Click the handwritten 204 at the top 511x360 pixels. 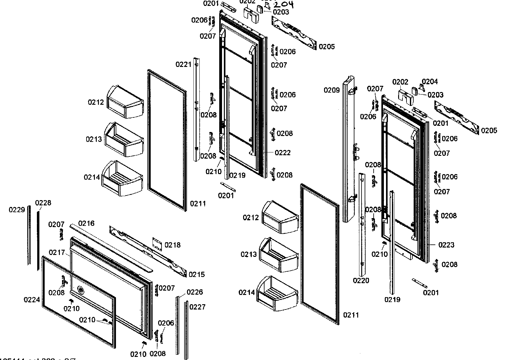[283, 4]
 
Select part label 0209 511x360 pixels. [332, 90]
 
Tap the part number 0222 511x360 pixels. [282, 153]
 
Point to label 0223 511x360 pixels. [446, 245]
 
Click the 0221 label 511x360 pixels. [184, 64]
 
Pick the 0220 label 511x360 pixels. [361, 281]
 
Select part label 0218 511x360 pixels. [172, 245]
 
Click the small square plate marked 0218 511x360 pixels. [158, 244]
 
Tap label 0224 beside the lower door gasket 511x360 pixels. [32, 300]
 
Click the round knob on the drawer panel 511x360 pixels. [81, 290]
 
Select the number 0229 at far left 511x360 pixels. [17, 210]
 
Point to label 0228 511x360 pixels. [43, 203]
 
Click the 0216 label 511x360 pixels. [86, 223]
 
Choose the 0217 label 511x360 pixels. [57, 253]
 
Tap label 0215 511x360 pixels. [197, 274]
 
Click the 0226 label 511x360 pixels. [195, 292]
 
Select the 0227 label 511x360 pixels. [197, 307]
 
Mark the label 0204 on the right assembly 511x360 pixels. [430, 81]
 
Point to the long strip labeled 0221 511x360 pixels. [197, 108]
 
